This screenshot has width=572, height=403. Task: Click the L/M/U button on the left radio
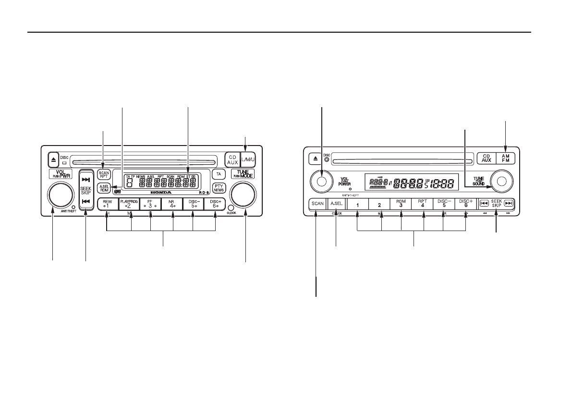248,159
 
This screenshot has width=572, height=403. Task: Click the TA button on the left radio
219,173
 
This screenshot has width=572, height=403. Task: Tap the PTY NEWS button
219,188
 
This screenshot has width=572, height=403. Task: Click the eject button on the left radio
53,159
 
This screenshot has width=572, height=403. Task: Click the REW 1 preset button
107,204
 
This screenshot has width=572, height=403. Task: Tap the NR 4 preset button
171,204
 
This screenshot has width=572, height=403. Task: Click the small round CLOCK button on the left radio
231,208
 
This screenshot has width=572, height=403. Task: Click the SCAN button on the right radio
317,204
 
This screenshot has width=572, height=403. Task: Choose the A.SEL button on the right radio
336,204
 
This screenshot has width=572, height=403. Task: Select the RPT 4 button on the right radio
423,204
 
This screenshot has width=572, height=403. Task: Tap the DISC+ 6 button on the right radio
465,204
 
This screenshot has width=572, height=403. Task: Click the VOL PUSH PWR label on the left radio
60,174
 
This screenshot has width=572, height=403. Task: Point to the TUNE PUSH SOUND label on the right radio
478,181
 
